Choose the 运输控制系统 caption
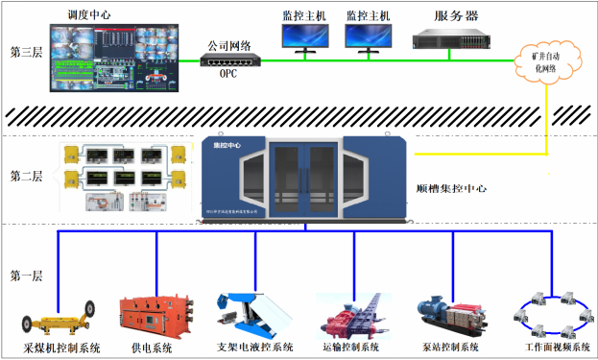click(x=347, y=348)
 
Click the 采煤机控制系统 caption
click(x=61, y=348)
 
